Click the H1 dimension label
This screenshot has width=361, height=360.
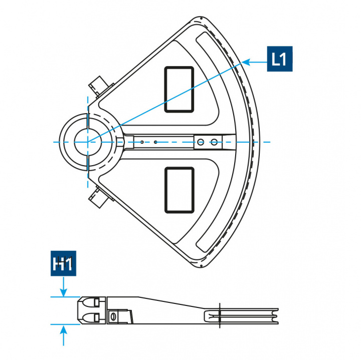[x=63, y=264]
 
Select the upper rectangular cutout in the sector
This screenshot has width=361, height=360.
[x=179, y=89]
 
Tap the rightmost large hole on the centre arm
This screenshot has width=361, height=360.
[x=214, y=142]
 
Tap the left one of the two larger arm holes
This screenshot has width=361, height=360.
[x=200, y=142]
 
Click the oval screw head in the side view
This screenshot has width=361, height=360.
[x=113, y=316]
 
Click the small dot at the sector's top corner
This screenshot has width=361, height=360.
[x=201, y=19]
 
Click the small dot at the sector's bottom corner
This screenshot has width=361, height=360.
[x=201, y=265]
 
